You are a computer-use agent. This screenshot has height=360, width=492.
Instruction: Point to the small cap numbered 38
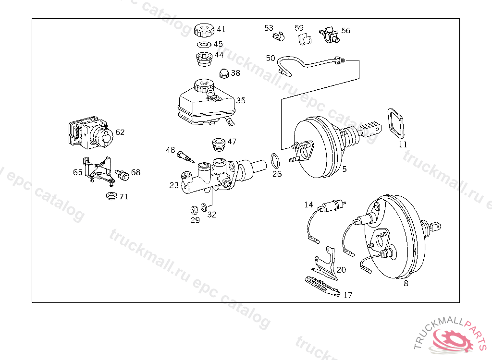click(224, 73)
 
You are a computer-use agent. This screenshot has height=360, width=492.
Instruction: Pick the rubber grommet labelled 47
click(219, 144)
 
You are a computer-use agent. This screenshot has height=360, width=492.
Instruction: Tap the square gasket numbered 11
click(397, 123)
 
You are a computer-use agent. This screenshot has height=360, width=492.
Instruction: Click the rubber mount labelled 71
click(111, 196)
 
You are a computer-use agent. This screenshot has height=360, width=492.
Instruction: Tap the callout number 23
click(174, 185)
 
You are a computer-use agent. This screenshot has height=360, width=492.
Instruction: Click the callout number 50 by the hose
click(271, 58)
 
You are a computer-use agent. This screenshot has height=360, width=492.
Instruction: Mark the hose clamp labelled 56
click(329, 35)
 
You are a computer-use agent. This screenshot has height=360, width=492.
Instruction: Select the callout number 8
click(406, 283)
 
